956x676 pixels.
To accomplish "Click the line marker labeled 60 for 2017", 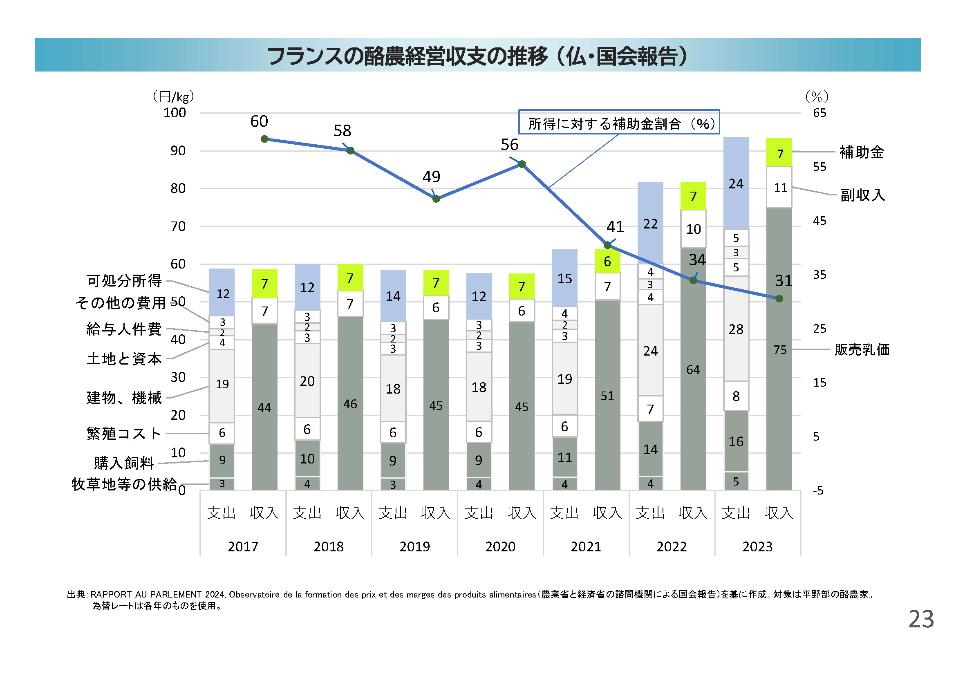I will coord(264,139).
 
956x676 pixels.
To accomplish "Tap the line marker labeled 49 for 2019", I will coord(436,199).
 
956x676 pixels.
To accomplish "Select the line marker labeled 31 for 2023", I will coord(779,298).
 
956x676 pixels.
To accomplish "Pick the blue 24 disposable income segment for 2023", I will coord(736,183).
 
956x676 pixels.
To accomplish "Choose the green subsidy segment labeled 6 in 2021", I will coord(607,262).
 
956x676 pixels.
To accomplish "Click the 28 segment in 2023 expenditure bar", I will coord(736,329).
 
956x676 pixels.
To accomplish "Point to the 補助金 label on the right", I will coord(862,152).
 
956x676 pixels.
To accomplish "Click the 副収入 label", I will coord(862,195).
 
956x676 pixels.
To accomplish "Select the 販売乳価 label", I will coord(862,350).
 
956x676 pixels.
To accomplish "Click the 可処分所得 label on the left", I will coord(124,281).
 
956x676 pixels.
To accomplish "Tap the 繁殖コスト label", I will coord(124,433).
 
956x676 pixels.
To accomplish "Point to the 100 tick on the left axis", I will coord(175,113).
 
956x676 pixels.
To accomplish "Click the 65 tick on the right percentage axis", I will coord(819,113).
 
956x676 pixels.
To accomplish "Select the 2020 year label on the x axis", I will coord(500,546).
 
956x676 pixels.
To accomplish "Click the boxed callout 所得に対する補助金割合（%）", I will coord(619,123).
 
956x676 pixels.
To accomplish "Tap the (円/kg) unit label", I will coord(173,97).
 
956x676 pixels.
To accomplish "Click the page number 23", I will coord(921,619).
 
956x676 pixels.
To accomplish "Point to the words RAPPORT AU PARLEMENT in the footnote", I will coord(146,594).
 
